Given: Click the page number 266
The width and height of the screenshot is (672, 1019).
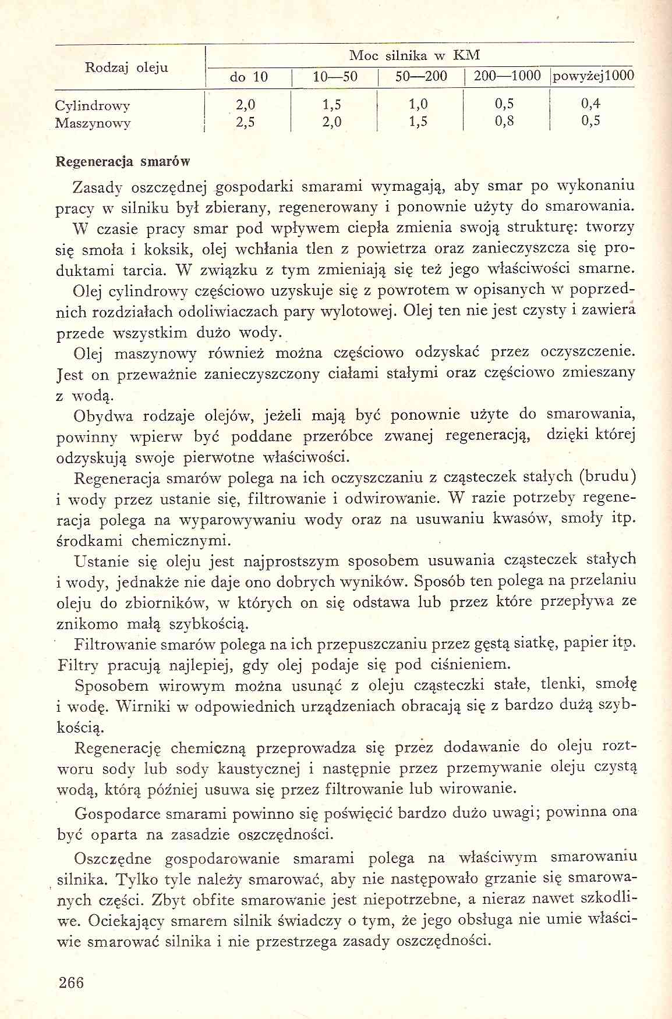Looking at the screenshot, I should (x=72, y=982).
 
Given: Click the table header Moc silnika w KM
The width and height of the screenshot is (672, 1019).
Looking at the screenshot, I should (x=414, y=56).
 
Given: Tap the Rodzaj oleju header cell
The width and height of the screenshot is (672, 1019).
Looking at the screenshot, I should (x=127, y=68).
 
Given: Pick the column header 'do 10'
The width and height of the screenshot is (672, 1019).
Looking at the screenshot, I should (x=249, y=77).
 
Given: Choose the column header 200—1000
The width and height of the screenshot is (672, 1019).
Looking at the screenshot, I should (x=507, y=76).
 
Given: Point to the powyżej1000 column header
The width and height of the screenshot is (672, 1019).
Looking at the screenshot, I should (x=593, y=76).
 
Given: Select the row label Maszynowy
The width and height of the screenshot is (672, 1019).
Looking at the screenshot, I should (x=93, y=123).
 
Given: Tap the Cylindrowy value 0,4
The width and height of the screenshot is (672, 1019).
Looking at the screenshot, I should (x=590, y=104).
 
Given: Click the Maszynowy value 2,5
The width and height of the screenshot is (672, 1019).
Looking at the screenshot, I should (x=245, y=122).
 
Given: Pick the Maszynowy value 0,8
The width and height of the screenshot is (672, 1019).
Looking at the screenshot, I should (x=504, y=122).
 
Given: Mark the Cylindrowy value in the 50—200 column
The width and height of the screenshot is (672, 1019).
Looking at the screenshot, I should (x=418, y=105).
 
